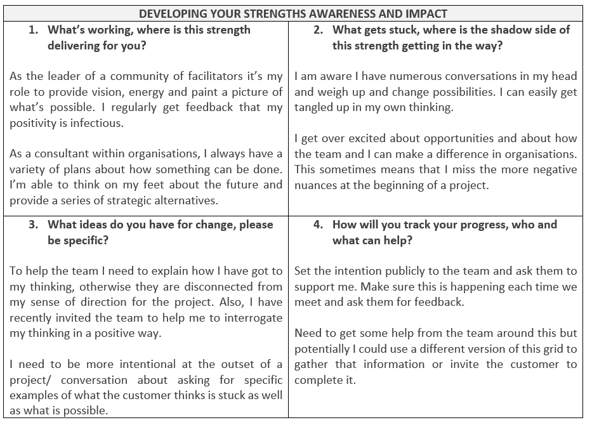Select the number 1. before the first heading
(34, 30)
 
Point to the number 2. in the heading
(319, 30)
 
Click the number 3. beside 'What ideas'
(34, 225)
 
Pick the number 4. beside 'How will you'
(319, 225)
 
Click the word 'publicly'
(401, 271)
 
